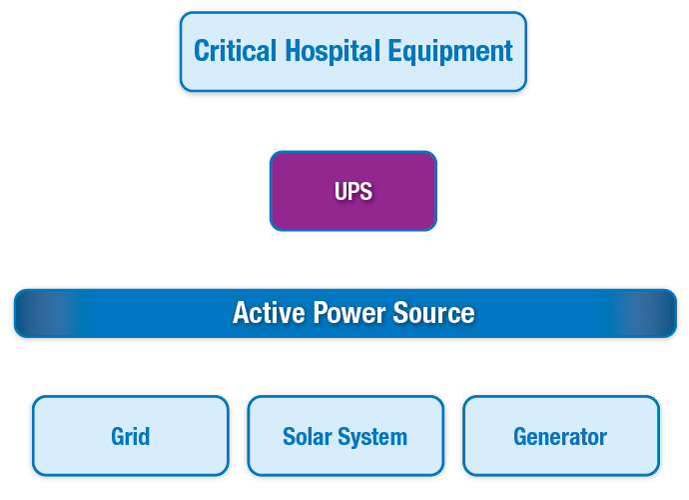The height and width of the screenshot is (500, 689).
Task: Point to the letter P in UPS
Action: [x=353, y=191]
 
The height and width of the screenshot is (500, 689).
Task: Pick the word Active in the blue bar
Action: [x=265, y=313]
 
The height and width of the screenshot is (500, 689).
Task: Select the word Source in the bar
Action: [x=432, y=313]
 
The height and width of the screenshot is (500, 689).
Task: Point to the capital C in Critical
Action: [x=201, y=50]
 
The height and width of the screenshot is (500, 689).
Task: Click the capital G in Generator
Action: [x=520, y=437]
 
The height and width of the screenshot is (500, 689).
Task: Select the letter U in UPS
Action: [x=341, y=191]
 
